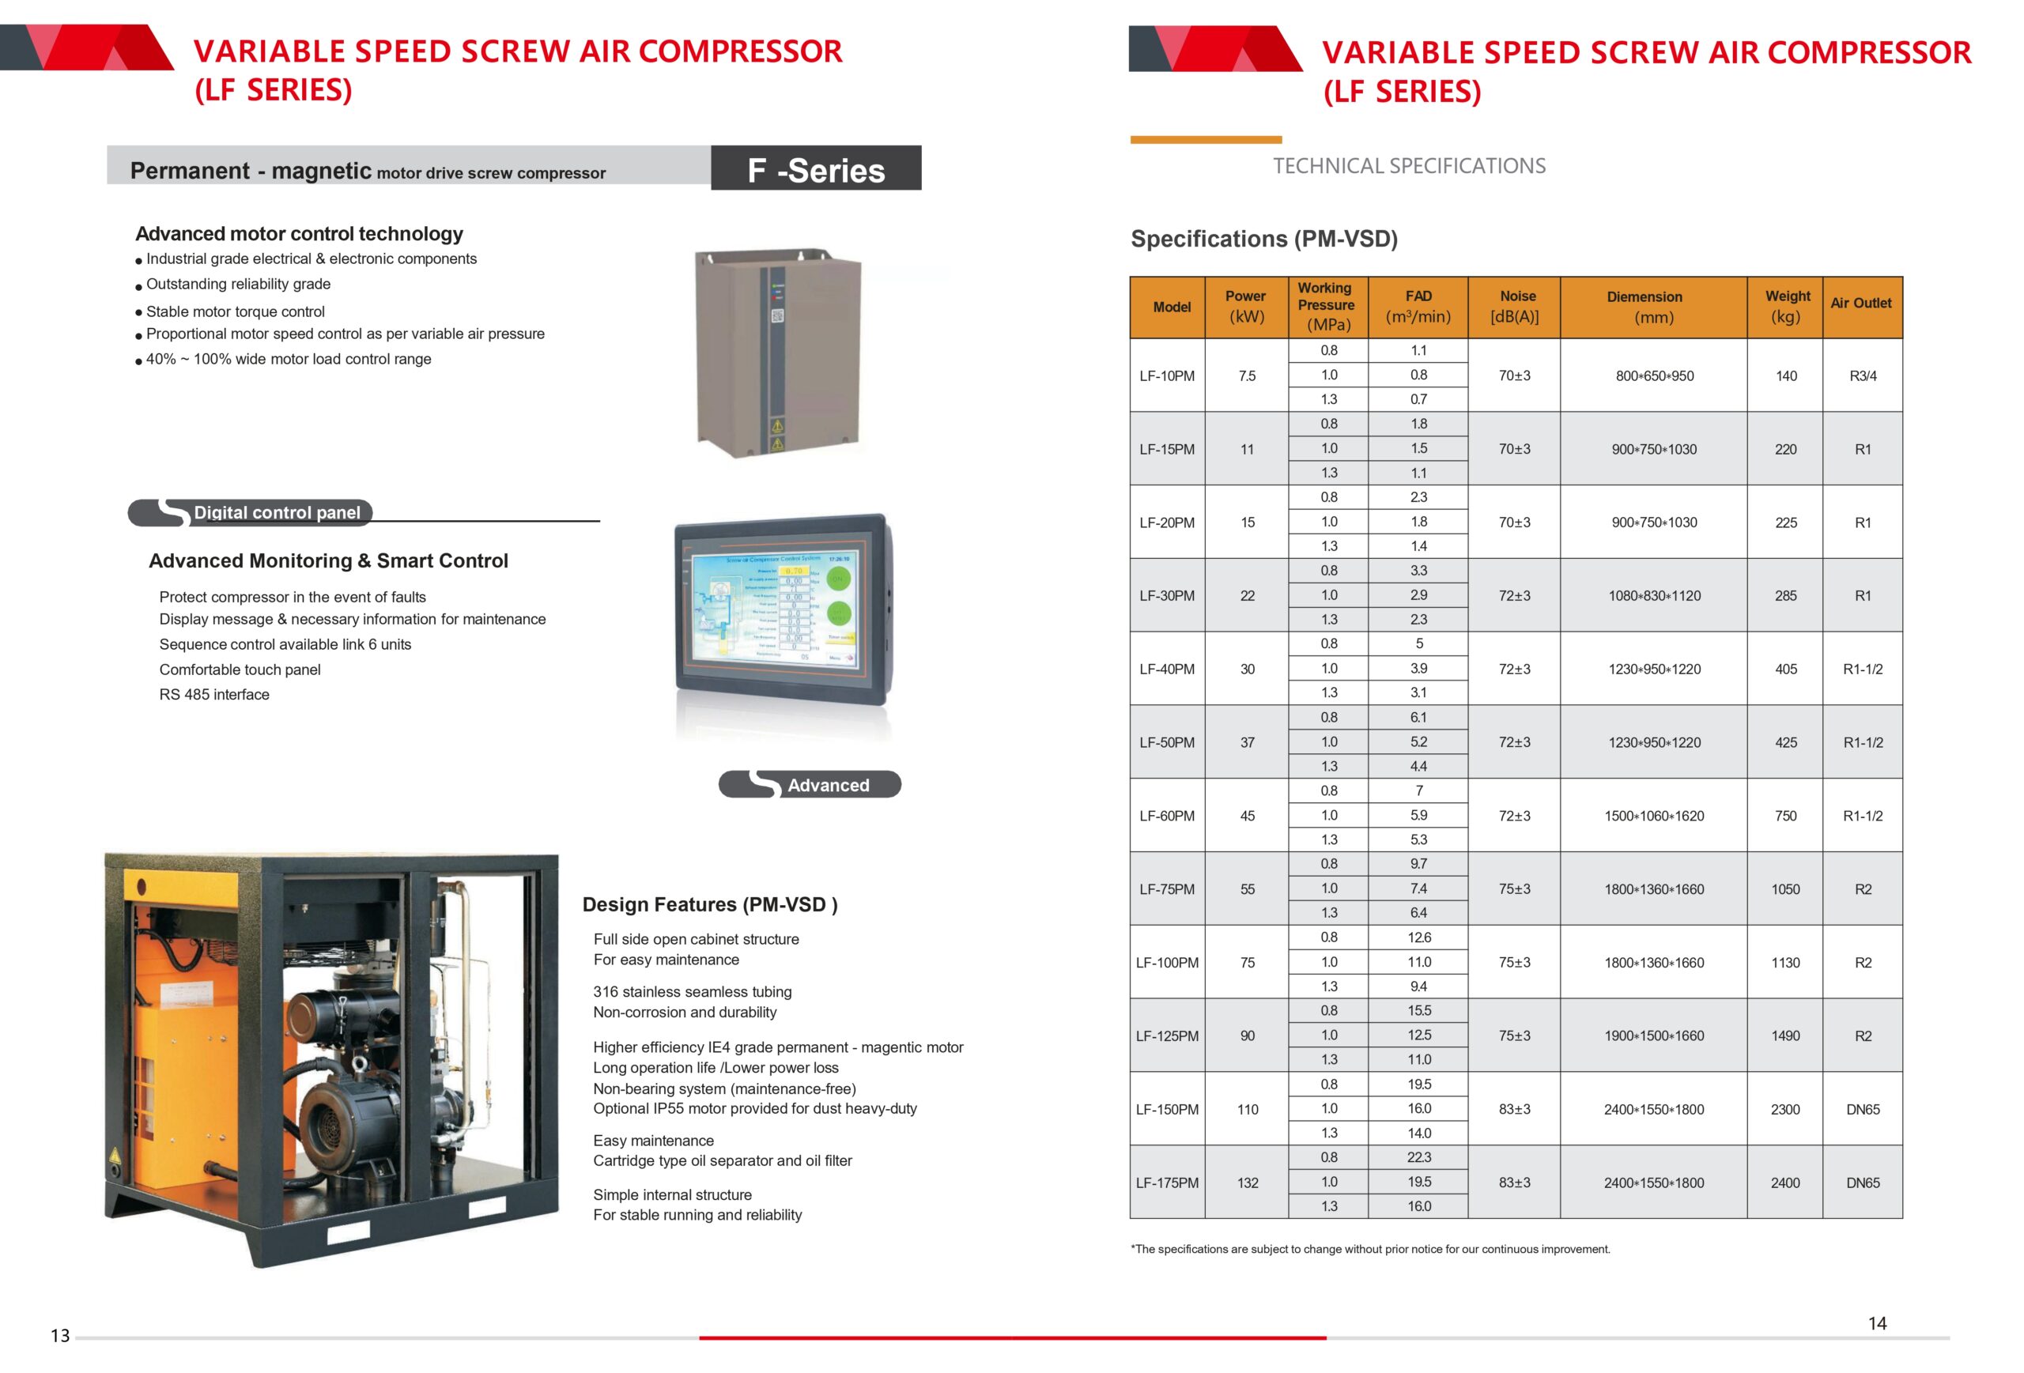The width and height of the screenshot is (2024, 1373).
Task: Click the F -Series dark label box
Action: tap(815, 169)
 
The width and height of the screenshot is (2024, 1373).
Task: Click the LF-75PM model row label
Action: tap(1166, 889)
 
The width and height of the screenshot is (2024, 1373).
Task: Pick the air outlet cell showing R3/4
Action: tap(1862, 375)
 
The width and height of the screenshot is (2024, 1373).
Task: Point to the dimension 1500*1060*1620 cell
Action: tap(1653, 816)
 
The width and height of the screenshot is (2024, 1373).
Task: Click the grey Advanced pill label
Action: tap(809, 784)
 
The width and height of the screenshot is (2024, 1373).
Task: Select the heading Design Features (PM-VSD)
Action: tap(710, 904)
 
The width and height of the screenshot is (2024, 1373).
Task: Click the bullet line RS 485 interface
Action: tap(214, 694)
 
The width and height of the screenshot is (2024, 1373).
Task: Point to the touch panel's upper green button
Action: tap(838, 578)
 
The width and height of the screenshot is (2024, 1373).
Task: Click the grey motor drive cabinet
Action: tap(777, 352)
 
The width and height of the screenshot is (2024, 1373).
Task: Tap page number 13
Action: tap(60, 1336)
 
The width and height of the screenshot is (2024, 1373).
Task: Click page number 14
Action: tap(1877, 1323)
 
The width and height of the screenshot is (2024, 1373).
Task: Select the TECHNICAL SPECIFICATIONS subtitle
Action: tap(1408, 165)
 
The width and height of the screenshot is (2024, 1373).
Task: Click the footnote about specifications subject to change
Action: tap(1370, 1248)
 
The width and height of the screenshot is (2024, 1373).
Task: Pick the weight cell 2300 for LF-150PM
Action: tap(1784, 1109)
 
